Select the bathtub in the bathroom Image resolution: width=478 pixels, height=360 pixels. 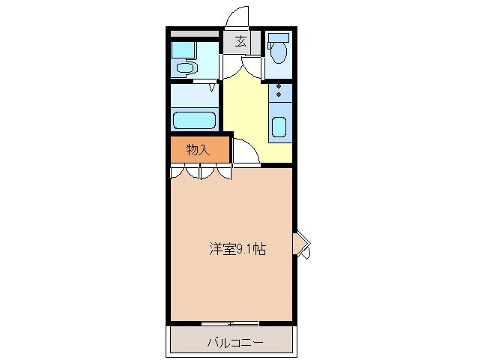coord(194,120)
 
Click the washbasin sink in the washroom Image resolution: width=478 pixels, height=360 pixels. coord(184,68)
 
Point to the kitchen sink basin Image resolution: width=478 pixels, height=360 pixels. coord(279,127)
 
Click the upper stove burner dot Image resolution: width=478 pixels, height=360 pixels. coord(279,88)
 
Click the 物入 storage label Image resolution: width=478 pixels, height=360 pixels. coord(198,150)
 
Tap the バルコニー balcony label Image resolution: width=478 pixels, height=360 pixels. coord(235,344)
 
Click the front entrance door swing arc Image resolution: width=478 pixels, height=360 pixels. coord(239,16)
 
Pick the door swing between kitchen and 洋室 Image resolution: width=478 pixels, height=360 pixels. coord(245,151)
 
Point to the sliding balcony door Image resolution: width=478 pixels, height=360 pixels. coord(231,323)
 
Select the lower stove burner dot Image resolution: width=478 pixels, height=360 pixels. coord(279,96)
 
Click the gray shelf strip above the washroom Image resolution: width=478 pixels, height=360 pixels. coord(193,35)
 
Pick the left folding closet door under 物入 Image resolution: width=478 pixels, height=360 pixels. coord(185,172)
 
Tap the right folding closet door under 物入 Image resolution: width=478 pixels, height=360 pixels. coord(217,172)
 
